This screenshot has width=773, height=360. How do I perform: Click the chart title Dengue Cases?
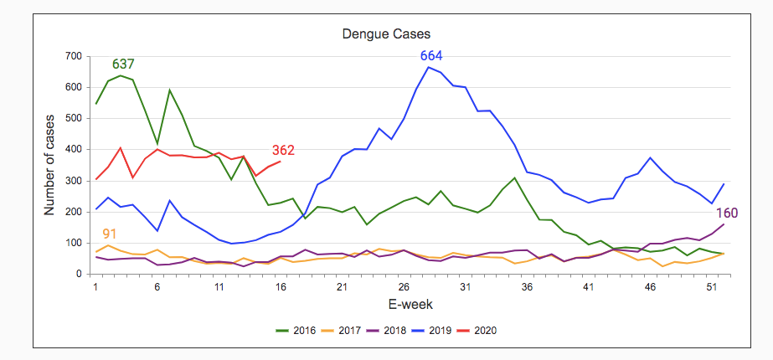(x=386, y=34)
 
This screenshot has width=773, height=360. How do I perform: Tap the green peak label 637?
(x=123, y=64)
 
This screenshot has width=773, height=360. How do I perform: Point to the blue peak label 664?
(x=431, y=56)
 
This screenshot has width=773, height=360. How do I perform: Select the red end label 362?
(x=283, y=151)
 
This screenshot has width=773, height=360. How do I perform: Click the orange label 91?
(x=110, y=234)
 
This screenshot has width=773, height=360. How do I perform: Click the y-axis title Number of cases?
(x=49, y=166)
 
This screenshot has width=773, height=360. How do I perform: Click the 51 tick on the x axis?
(x=711, y=286)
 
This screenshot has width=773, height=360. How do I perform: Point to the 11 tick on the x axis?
(x=219, y=286)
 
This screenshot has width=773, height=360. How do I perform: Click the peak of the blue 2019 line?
(x=429, y=67)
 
